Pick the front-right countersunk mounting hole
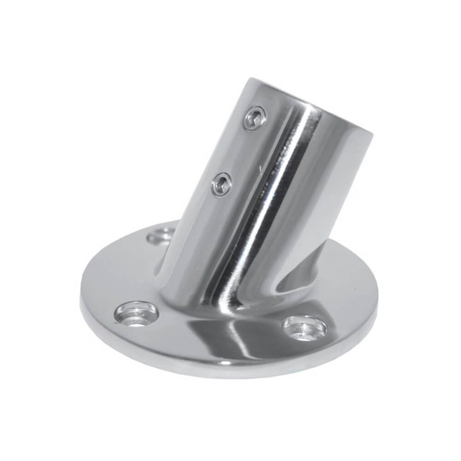(305, 327)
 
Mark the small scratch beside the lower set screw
(262, 171)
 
